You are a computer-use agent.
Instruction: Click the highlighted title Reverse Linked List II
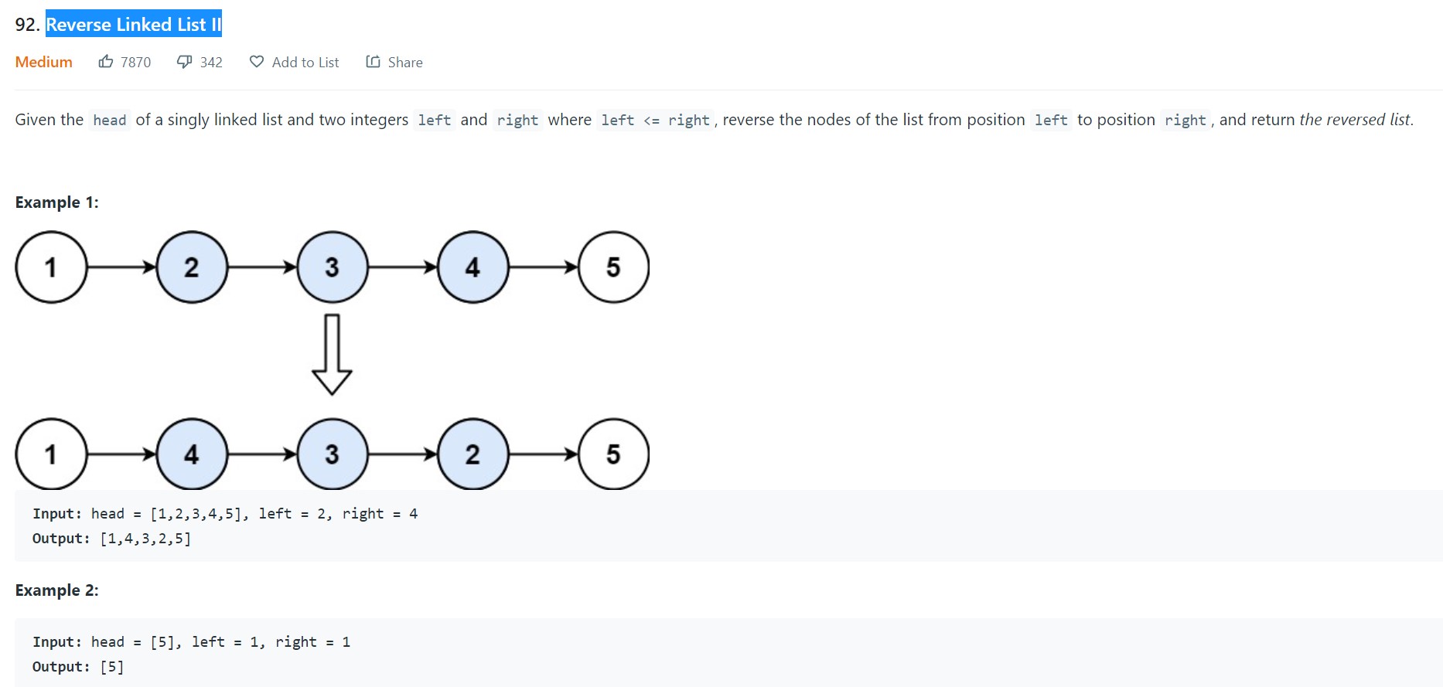[133, 25]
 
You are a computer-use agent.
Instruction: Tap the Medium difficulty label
[43, 62]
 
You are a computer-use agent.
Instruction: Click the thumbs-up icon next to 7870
[106, 62]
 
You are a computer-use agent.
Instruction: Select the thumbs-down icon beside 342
[184, 62]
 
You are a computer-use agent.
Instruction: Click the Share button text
[404, 63]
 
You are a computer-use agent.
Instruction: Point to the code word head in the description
[109, 121]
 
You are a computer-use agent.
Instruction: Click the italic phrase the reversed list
[1355, 120]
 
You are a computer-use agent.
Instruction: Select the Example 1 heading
[56, 202]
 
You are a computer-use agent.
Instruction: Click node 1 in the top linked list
[51, 267]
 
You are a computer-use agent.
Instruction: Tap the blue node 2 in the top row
[192, 267]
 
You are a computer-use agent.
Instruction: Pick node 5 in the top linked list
[613, 267]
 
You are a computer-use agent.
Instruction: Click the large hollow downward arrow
[332, 355]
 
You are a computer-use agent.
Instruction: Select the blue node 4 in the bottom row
[192, 454]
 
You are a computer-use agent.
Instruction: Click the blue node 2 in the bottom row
[472, 454]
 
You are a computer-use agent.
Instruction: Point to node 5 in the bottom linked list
[613, 454]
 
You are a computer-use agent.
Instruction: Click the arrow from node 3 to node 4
[403, 267]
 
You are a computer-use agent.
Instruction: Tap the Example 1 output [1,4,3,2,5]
[145, 539]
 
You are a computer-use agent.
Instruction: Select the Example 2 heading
[56, 590]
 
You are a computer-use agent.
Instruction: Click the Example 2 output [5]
[112, 667]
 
